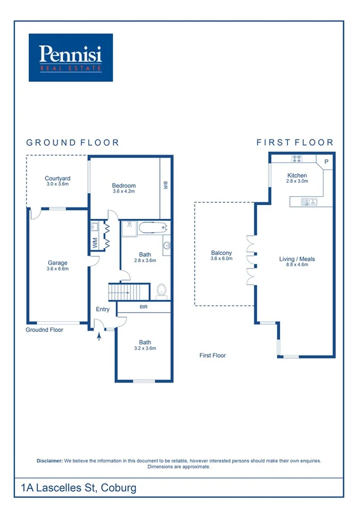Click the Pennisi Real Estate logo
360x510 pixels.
(x=71, y=57)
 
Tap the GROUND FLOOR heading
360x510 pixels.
(x=73, y=143)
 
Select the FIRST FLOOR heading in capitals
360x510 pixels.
(x=294, y=143)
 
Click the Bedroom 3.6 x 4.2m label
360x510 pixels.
(x=124, y=189)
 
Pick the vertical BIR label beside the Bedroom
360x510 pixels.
(x=165, y=186)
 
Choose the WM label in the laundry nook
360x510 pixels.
(x=94, y=242)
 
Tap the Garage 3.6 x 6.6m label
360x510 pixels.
(x=58, y=266)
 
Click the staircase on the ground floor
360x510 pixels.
(x=128, y=292)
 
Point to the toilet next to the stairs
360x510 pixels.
(x=161, y=292)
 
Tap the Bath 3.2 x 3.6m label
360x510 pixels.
(x=145, y=345)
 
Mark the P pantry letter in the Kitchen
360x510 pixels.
(x=326, y=162)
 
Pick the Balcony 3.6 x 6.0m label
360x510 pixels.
(x=221, y=256)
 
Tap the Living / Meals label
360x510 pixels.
(x=297, y=262)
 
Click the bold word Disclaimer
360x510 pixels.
(x=50, y=461)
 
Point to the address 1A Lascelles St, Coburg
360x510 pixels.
(x=78, y=487)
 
